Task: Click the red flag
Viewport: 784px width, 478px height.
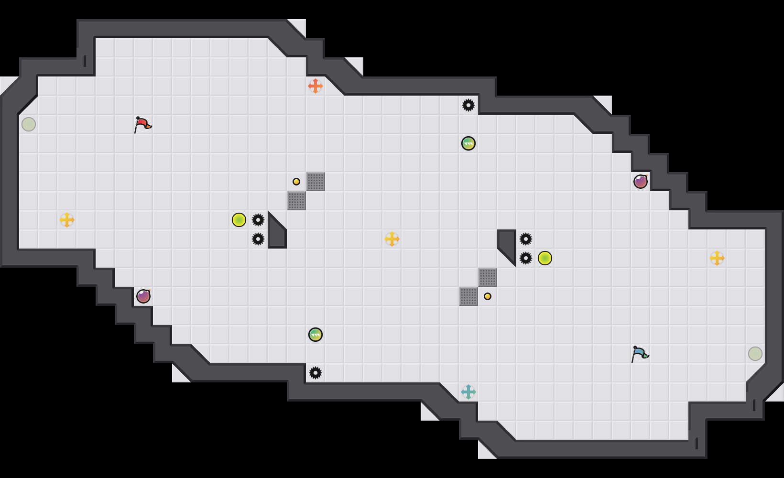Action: coord(142,124)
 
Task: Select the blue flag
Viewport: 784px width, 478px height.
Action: coord(640,354)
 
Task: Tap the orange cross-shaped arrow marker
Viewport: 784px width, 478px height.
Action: coord(316,86)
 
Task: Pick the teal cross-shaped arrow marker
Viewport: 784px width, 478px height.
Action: coord(468,392)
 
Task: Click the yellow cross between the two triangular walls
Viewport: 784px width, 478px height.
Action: coord(392,239)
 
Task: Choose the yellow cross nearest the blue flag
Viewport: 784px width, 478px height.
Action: coord(717,258)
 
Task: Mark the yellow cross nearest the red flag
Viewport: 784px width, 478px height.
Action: coord(67,220)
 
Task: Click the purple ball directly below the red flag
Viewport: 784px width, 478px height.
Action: coord(143,296)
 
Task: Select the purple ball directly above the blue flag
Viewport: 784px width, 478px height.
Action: coord(641,182)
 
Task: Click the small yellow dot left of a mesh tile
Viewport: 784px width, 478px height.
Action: coord(296,182)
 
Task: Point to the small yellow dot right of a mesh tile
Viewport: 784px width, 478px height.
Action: coord(488,296)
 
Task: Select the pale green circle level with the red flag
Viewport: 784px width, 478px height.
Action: coord(29,124)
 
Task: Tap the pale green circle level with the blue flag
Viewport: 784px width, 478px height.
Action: coord(755,354)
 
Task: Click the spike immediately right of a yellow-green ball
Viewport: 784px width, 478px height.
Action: coord(258,220)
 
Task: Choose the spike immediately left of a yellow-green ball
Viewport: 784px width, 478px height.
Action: coord(526,258)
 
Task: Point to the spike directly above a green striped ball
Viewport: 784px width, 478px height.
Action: coord(468,105)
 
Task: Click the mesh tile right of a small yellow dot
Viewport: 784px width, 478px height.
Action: coord(316,182)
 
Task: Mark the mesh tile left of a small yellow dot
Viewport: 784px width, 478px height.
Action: coord(468,296)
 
